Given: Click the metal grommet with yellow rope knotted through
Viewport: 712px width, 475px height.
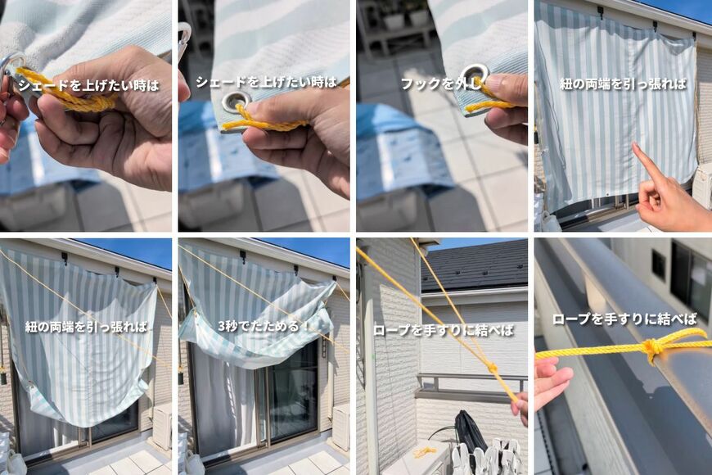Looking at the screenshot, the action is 237,102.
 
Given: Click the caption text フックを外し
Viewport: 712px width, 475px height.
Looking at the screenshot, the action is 440,84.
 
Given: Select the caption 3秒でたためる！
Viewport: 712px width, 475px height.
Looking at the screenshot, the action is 264,326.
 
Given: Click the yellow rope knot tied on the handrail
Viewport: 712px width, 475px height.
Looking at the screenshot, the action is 652,349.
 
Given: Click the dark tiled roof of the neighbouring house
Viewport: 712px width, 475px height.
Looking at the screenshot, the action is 475,266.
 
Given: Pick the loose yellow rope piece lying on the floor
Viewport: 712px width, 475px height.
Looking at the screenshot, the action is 425,452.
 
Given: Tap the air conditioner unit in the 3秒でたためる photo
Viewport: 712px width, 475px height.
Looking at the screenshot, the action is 340,426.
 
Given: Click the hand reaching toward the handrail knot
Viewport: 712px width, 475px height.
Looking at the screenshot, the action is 551,382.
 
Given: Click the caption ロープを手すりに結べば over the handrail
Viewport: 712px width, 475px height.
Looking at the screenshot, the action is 624,319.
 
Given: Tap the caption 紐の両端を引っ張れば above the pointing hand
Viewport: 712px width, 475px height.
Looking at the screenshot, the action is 623,84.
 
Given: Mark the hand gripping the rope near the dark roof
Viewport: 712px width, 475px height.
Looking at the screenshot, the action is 520,407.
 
